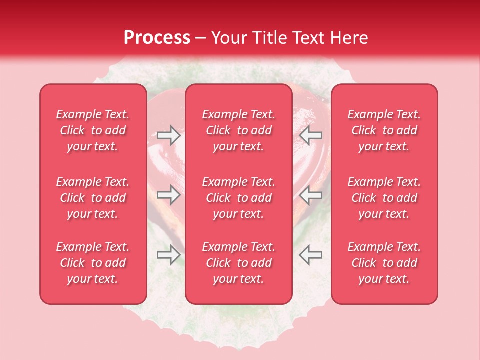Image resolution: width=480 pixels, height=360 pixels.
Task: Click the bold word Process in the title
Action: (x=157, y=38)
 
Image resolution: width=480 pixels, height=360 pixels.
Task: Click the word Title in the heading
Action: (x=270, y=38)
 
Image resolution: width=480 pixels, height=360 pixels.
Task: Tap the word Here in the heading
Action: (x=348, y=38)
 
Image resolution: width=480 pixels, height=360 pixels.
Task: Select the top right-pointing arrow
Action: (x=168, y=135)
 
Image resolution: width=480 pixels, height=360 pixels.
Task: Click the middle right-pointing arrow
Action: (x=168, y=195)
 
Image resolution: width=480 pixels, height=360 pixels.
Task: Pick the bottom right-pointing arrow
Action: (x=168, y=255)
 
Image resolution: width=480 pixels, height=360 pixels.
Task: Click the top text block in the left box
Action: (x=93, y=130)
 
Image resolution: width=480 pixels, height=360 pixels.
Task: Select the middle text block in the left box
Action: (x=93, y=198)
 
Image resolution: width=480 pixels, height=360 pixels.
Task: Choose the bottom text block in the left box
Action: (x=93, y=263)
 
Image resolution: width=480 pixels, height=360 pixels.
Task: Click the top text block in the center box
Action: (x=238, y=130)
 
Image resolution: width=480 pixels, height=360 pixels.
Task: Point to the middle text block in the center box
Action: (x=238, y=198)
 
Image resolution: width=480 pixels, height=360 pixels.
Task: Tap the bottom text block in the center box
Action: (x=238, y=263)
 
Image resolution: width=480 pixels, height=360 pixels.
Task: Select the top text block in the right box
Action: (x=384, y=130)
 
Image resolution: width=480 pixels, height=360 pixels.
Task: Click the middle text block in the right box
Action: (x=384, y=198)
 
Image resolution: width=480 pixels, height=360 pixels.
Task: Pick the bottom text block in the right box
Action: (x=384, y=263)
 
